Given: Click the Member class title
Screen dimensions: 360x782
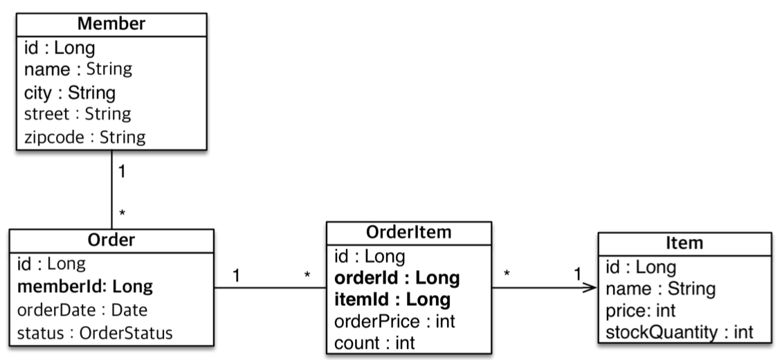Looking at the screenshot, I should click(x=111, y=24).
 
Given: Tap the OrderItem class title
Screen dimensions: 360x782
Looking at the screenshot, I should click(x=409, y=232).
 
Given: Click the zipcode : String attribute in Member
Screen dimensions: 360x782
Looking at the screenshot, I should click(x=84, y=137).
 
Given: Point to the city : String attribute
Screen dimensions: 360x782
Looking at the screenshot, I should click(x=69, y=93).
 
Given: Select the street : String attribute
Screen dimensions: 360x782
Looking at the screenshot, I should click(x=78, y=114).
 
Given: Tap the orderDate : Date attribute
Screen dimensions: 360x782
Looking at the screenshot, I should click(x=82, y=309).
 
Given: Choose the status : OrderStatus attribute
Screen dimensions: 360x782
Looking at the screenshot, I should click(x=94, y=332).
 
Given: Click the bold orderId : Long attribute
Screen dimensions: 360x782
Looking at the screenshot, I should click(x=397, y=278).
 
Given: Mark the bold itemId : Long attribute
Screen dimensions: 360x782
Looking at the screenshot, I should click(x=392, y=300).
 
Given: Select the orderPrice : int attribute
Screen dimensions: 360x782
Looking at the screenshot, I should click(x=394, y=321).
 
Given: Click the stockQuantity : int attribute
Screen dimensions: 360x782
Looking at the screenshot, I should click(x=679, y=333).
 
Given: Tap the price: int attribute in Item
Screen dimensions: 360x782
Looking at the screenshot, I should click(x=640, y=311).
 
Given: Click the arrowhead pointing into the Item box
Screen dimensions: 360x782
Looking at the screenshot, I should click(x=592, y=289).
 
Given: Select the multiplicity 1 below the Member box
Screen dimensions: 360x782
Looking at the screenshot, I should click(x=122, y=172).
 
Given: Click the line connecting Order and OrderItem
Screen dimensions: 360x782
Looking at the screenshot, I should click(x=270, y=289).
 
